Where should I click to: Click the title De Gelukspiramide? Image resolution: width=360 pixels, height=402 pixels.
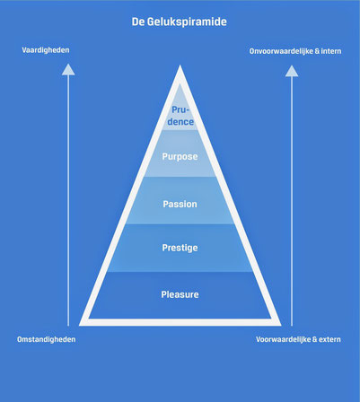pos(180,22)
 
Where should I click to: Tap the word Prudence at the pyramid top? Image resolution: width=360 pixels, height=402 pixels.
pos(180,116)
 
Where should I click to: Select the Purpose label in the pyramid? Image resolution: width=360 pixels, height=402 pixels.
pos(180,157)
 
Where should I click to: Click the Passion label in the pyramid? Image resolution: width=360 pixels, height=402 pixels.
pos(180,204)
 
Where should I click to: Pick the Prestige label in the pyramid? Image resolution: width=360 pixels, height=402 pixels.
pos(180,248)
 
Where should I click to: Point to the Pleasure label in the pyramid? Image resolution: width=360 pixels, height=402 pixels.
pos(180,294)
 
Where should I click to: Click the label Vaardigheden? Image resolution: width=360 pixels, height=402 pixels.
pos(46,50)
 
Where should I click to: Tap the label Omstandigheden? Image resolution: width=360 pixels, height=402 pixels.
pos(47,339)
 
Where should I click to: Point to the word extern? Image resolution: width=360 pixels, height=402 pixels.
pos(329,339)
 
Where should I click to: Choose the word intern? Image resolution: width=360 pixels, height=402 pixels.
pos(331,51)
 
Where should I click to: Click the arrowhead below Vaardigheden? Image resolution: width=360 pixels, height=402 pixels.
pos(68,69)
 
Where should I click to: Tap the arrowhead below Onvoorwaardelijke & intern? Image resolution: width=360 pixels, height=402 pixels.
pos(292,71)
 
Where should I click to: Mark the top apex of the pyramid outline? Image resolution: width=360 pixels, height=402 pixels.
pos(180,66)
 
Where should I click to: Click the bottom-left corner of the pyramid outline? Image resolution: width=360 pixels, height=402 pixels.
pos(80,325)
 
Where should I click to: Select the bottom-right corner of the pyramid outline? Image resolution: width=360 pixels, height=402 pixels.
pos(281,325)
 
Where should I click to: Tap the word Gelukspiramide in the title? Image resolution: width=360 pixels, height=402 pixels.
pos(187,22)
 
